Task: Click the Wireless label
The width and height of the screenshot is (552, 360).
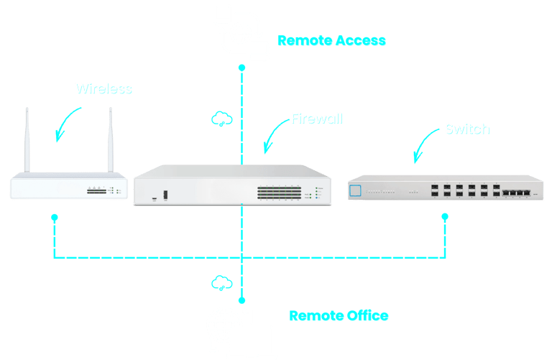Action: [x=103, y=88]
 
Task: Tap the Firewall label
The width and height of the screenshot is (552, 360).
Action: [x=316, y=118]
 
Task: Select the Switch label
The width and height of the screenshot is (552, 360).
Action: [x=466, y=129]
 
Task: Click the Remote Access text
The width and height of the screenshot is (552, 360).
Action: [x=332, y=41]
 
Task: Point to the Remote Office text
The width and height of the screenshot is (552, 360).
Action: [x=339, y=315]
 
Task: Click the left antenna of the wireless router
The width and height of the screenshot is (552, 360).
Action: [x=27, y=140]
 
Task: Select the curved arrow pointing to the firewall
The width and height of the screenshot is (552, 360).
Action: [x=272, y=137]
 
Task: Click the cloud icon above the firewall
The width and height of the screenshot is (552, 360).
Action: [x=221, y=119]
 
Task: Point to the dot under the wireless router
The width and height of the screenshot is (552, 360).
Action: [x=55, y=216]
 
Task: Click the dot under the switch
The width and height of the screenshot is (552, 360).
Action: [x=445, y=216]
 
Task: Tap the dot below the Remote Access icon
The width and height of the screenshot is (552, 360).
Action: [x=241, y=68]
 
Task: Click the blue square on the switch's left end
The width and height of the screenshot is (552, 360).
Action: [x=355, y=190]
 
